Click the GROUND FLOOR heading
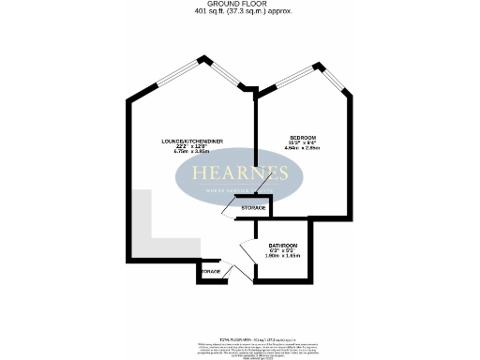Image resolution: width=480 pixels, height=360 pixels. [x=240, y=4]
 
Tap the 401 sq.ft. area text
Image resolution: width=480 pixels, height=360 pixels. [x=240, y=12]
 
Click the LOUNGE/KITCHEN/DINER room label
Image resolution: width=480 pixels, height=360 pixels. [x=191, y=141]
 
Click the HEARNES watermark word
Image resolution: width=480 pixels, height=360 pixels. [x=240, y=173]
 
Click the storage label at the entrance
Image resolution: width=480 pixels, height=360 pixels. [x=210, y=272]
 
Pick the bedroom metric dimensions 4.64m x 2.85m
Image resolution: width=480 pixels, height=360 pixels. [x=303, y=148]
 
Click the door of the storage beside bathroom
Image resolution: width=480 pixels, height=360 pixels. [x=228, y=211]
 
